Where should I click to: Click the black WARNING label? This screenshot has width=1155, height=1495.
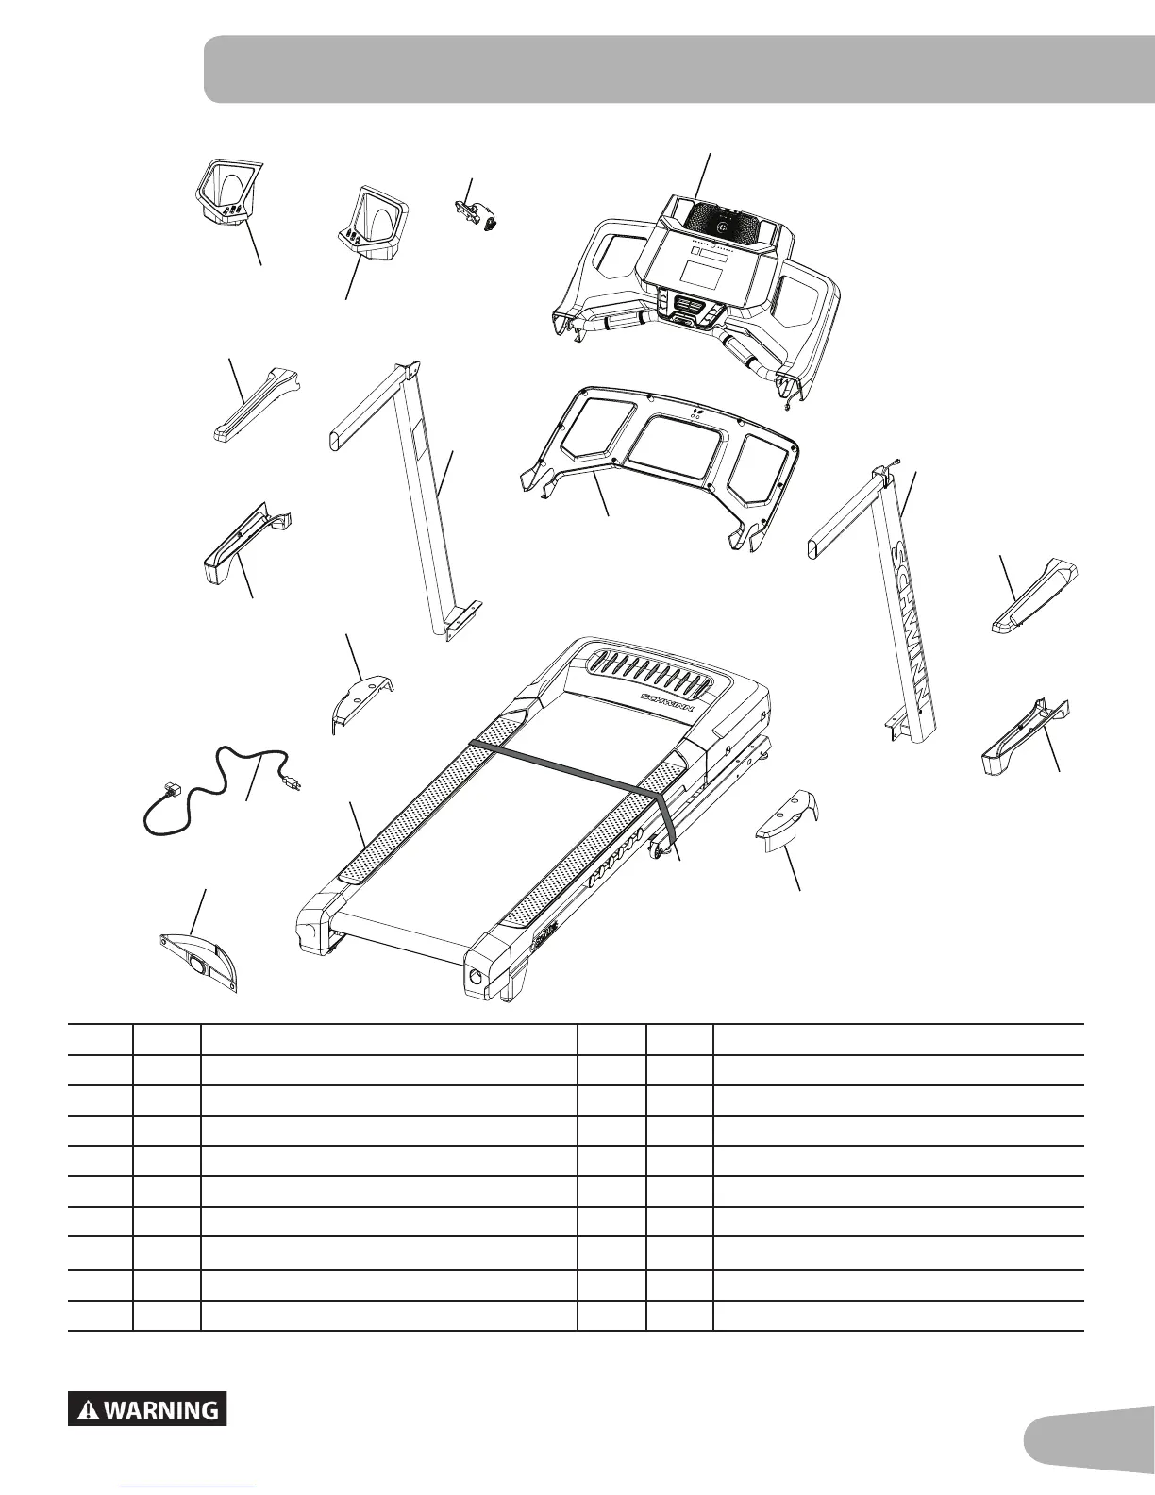point(147,1410)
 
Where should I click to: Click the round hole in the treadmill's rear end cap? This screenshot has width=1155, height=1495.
point(474,977)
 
